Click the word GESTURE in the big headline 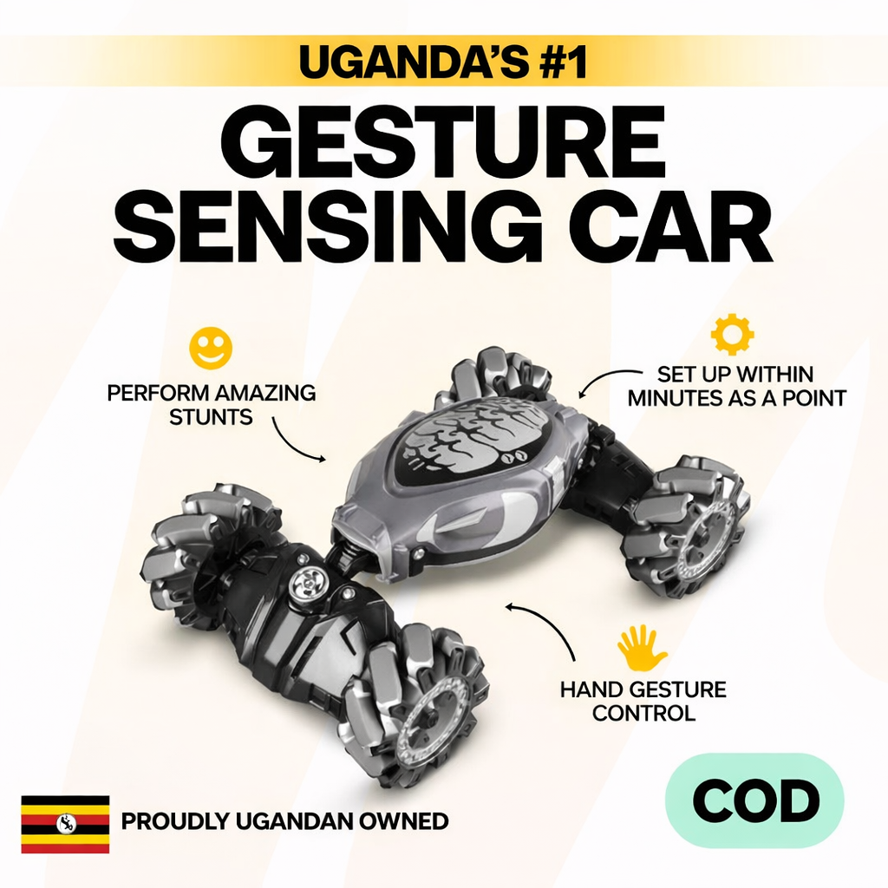[x=443, y=143]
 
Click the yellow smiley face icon [x=211, y=349]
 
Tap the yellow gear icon [x=732, y=334]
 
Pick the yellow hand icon [x=642, y=648]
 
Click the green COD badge [x=754, y=800]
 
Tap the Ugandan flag [x=65, y=824]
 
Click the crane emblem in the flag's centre [x=66, y=824]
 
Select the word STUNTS [x=211, y=417]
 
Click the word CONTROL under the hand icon [x=643, y=713]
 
